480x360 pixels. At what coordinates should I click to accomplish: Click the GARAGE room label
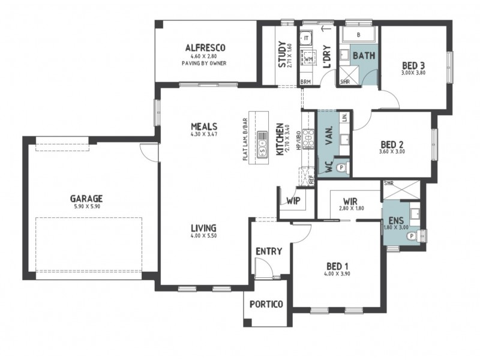click(x=86, y=197)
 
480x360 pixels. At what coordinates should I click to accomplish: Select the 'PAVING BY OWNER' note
click(x=205, y=62)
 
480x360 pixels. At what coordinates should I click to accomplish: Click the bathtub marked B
click(x=358, y=35)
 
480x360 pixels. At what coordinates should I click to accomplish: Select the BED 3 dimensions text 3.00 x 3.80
click(x=413, y=72)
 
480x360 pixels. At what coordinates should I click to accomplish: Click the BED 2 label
click(x=392, y=144)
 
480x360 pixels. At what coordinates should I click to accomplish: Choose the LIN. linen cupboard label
click(x=344, y=118)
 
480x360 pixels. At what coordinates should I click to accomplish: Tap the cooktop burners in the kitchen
click(x=308, y=139)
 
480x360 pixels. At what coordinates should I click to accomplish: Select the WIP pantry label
click(x=293, y=201)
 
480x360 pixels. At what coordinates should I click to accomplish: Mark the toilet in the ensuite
click(x=412, y=236)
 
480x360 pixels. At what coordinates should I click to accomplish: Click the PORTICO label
click(x=266, y=304)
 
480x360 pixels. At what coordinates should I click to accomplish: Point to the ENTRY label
click(x=268, y=251)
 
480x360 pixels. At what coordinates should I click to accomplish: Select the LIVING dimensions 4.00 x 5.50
click(x=204, y=236)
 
